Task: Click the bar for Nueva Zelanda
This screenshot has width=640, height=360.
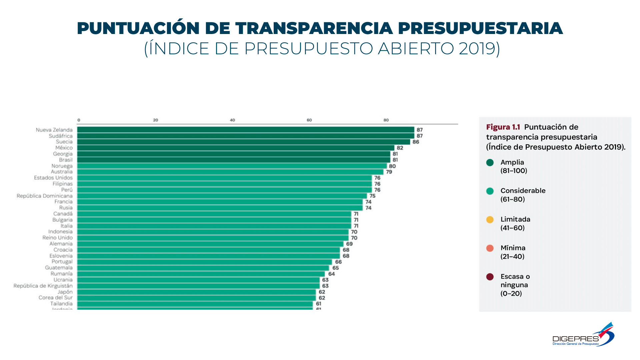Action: point(245,130)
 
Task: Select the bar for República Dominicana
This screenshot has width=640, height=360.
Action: point(222,196)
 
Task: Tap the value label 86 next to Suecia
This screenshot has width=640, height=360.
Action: point(416,142)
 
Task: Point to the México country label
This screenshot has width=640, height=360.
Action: point(64,148)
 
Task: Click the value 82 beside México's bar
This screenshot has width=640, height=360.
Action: point(400,148)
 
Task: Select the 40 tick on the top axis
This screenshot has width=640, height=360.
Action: point(232,120)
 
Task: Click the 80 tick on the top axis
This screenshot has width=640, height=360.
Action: point(386,120)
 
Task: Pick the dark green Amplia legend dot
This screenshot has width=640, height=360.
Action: point(490,163)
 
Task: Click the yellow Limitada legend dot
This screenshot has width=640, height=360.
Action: point(490,220)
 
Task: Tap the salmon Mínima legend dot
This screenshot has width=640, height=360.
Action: point(490,248)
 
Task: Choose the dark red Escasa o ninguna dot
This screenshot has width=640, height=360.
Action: point(490,277)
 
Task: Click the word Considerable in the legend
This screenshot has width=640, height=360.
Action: point(523,191)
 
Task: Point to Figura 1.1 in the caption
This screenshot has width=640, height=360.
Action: point(503,127)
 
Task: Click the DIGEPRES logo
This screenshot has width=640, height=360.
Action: point(583,335)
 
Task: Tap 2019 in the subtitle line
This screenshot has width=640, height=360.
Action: point(476,49)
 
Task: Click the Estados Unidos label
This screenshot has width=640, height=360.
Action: point(53,178)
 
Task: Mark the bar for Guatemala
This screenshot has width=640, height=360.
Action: point(203,268)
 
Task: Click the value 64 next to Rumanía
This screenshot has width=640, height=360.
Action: point(331,274)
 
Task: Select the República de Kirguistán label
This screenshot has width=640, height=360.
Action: point(43,286)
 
